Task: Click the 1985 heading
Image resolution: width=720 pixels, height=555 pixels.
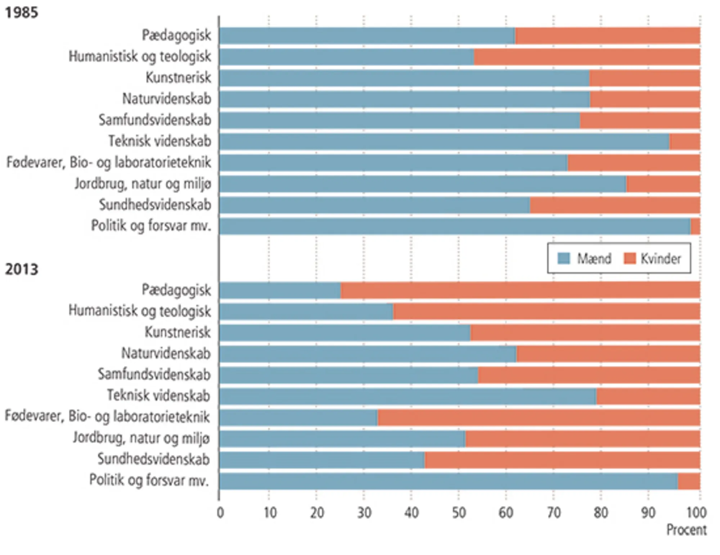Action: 21,13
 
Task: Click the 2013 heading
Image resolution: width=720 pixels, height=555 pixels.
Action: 21,270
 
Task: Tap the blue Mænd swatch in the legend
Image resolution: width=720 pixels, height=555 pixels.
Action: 563,258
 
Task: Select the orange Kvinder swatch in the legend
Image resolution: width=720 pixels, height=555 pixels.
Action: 630,258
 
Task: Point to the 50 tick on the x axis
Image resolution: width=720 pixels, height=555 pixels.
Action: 459,513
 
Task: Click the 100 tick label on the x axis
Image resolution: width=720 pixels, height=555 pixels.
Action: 696,513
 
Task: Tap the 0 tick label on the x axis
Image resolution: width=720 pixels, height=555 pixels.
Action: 220,513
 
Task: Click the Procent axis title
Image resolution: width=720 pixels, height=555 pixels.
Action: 686,530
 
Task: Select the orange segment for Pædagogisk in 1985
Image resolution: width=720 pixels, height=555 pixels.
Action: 608,36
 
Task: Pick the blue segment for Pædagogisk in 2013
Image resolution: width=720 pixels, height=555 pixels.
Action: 280,290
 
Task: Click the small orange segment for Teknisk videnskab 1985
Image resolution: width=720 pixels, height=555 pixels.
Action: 685,141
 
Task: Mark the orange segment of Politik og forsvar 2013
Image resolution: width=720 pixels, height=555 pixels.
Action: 689,481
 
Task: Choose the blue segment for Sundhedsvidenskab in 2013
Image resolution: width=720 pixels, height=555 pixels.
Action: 322,460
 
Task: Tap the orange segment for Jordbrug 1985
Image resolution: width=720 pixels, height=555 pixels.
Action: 663,184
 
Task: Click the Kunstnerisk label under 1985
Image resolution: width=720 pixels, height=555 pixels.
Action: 178,78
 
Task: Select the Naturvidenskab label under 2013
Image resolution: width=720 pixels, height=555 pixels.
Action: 166,353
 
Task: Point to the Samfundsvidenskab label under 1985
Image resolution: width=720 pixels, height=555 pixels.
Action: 155,120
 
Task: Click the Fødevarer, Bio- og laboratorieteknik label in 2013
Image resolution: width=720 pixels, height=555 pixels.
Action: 107,417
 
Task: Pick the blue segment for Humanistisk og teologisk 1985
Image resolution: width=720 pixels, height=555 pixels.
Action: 346,57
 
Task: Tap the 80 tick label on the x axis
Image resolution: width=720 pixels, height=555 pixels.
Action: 601,513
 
